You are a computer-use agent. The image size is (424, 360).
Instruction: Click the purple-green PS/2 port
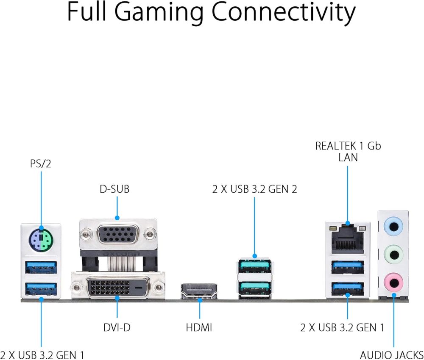[41, 240]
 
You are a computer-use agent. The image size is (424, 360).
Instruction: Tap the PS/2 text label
[41, 163]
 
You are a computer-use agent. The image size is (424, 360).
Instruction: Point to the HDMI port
[199, 292]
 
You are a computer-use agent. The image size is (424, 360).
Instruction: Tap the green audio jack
[393, 255]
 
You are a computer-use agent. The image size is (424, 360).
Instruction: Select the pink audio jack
[393, 282]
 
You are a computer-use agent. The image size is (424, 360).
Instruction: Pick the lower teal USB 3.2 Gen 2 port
[254, 288]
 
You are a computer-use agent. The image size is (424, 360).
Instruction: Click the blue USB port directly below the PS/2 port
[41, 267]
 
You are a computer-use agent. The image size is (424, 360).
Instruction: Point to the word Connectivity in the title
[284, 13]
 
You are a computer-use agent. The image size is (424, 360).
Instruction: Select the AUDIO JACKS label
[391, 354]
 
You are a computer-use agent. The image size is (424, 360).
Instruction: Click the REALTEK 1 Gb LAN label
[348, 152]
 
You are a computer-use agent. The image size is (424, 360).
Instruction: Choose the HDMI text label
[199, 327]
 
